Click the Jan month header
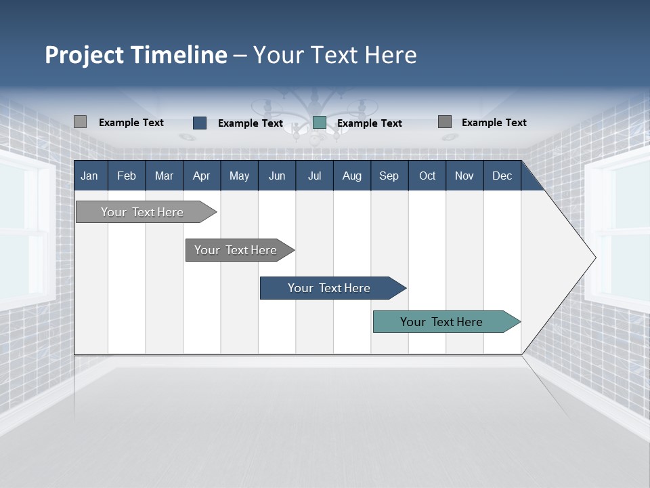[89, 176]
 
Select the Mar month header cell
[164, 176]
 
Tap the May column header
[239, 176]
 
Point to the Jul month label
[314, 176]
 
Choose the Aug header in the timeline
[351, 176]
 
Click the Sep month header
[389, 176]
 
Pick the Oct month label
[427, 176]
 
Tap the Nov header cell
[464, 176]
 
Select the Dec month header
[502, 176]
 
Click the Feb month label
[127, 176]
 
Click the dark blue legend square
[200, 123]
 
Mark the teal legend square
[320, 123]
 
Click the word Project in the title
[85, 55]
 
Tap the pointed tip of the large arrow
[594, 258]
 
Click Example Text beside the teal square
[369, 123]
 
